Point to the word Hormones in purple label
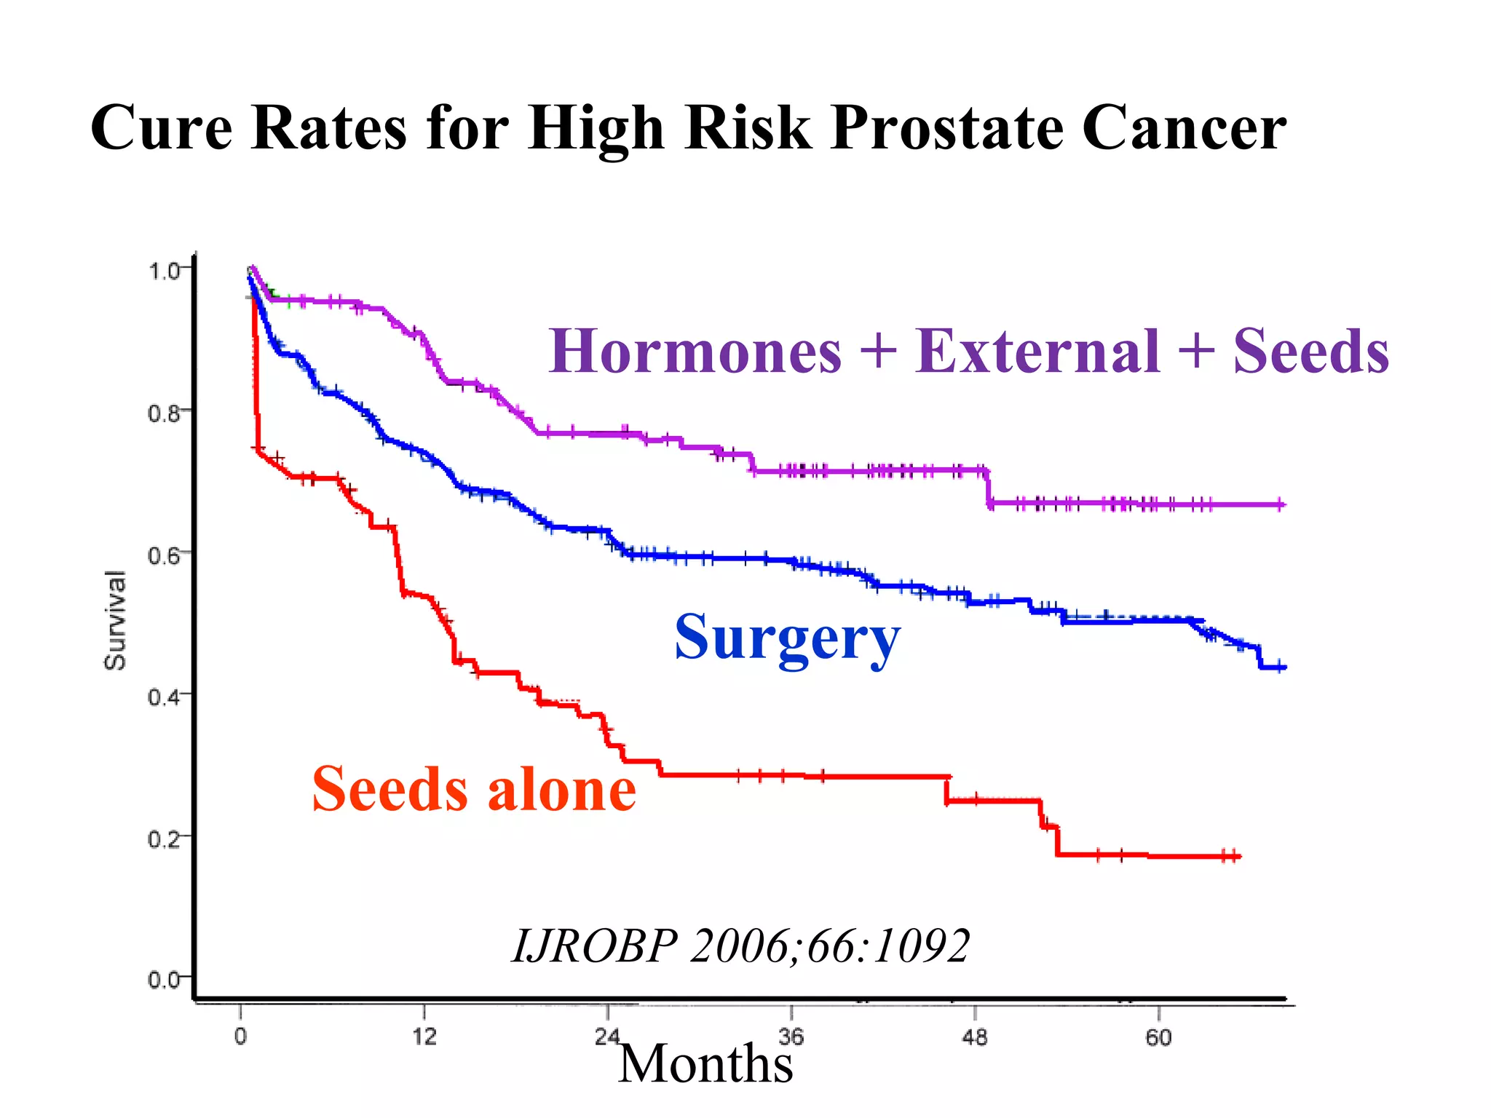[695, 352]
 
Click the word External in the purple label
[1037, 352]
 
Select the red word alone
[561, 790]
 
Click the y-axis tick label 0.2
[163, 839]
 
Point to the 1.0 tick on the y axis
[163, 271]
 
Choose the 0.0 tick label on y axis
[163, 980]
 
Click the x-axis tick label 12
[424, 1036]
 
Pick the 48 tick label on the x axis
[975, 1036]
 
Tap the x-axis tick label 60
[1158, 1036]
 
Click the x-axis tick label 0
[240, 1036]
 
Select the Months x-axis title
[705, 1064]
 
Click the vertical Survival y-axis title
[115, 620]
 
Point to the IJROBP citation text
[740, 946]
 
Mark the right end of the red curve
[1238, 856]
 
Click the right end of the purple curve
[1283, 504]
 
